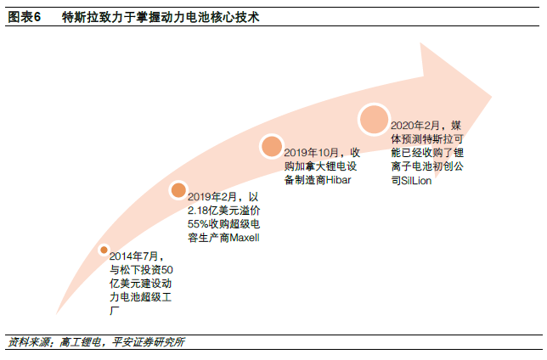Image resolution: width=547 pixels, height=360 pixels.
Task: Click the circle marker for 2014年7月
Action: pos(104,250)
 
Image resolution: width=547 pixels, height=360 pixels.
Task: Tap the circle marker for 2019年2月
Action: pos(178,190)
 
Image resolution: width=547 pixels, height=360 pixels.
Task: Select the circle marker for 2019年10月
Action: pos(271,146)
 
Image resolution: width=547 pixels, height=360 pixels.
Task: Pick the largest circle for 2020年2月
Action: pos(373,119)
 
